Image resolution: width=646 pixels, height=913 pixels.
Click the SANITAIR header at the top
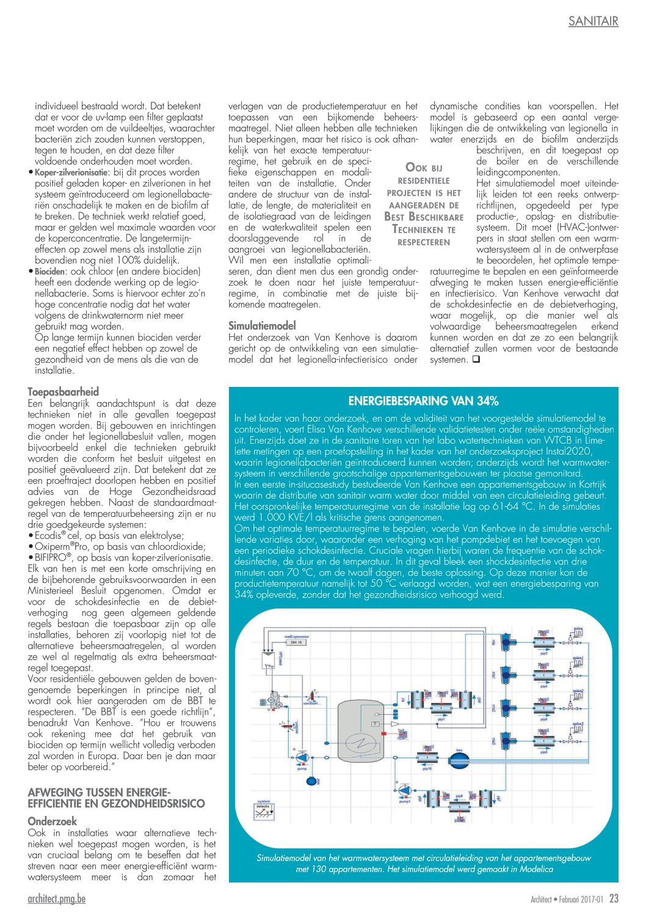click(x=593, y=21)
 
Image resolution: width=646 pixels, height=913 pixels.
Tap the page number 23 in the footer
click(x=614, y=898)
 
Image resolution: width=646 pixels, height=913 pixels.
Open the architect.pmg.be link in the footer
click(x=57, y=898)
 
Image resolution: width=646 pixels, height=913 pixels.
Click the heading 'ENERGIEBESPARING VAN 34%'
click(x=423, y=401)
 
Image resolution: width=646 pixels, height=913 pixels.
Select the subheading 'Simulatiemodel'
click(x=262, y=326)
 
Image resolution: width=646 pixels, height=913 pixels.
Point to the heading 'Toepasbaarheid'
click(x=63, y=392)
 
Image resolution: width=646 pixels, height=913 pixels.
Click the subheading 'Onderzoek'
click(x=53, y=821)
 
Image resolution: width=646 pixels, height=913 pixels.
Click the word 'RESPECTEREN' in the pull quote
click(x=423, y=242)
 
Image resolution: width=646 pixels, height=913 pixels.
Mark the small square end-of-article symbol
click(x=476, y=359)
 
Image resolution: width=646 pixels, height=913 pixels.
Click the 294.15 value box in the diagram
click(x=296, y=643)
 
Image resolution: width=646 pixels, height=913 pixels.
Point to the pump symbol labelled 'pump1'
click(x=404, y=791)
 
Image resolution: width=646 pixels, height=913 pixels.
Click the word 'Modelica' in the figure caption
click(x=537, y=869)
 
